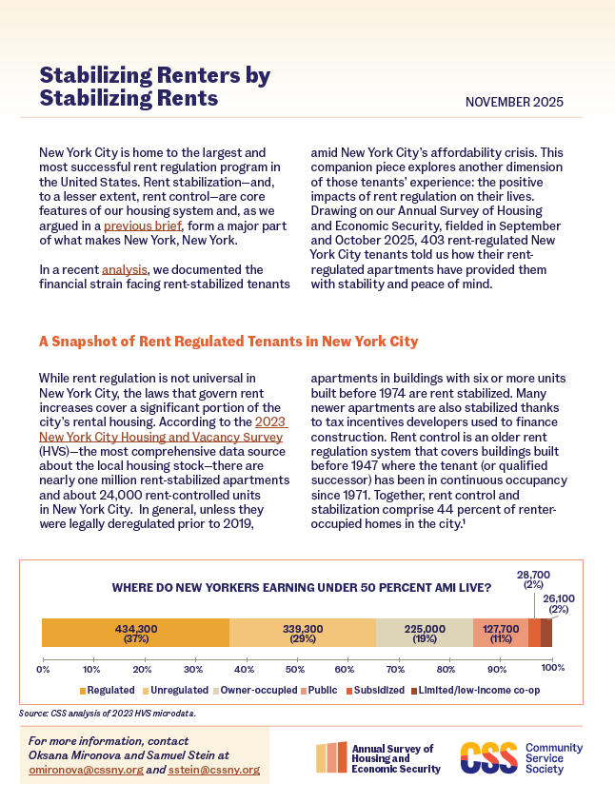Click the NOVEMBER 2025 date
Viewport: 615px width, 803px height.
point(514,102)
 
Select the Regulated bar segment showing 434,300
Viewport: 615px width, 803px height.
point(135,633)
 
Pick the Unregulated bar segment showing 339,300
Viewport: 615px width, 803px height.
point(303,633)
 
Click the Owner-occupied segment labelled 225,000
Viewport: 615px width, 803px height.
point(425,633)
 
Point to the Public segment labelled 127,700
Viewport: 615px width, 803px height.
point(501,633)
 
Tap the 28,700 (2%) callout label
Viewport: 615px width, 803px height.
point(533,579)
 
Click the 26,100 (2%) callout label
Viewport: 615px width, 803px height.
point(558,604)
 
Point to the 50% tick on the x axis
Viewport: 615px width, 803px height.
point(297,669)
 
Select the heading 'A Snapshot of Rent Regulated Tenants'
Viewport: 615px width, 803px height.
point(228,342)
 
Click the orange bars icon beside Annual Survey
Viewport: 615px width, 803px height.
point(331,757)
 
